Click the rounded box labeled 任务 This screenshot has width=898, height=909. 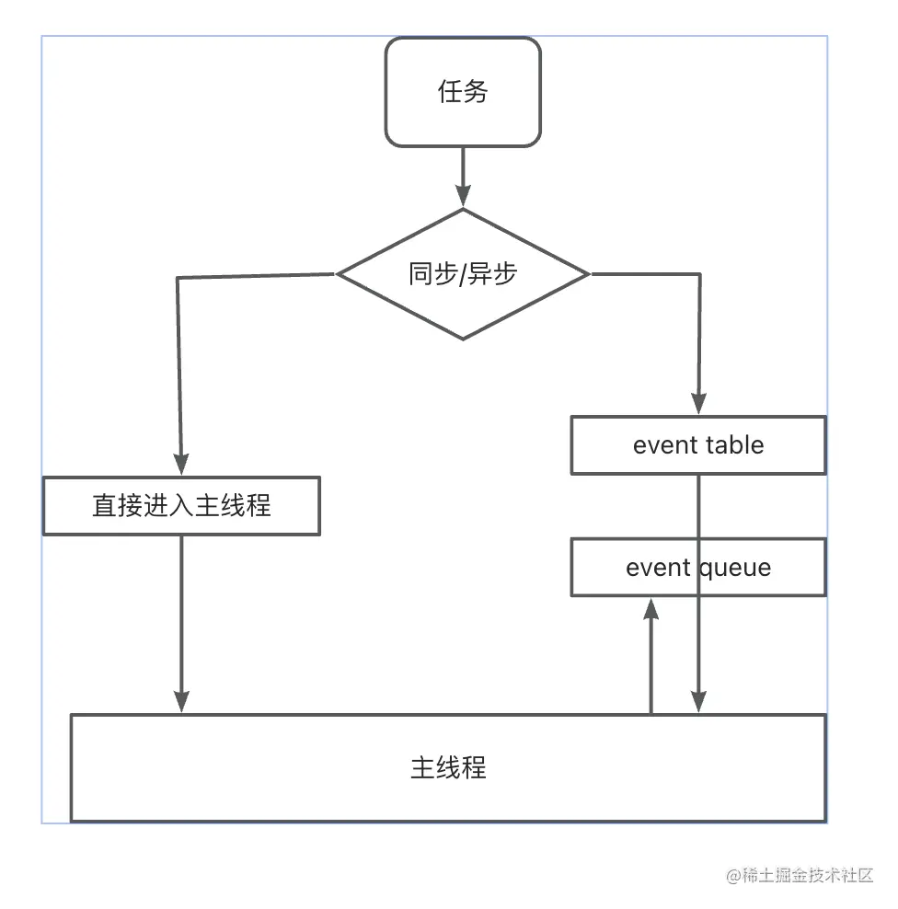[462, 92]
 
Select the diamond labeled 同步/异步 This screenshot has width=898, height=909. [462, 274]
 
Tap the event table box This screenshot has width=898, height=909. [698, 445]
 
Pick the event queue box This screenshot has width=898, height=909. [698, 567]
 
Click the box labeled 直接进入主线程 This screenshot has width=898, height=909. [181, 505]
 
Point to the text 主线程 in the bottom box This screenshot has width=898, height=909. [448, 767]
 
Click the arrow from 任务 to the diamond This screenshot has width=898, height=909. [462, 175]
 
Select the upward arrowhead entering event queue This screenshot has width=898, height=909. [651, 609]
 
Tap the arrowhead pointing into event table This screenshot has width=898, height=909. [698, 404]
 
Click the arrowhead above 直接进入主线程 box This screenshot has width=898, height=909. [180, 463]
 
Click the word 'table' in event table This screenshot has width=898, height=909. [733, 445]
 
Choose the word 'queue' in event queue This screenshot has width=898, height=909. [734, 567]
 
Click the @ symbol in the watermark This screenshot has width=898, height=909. [733, 876]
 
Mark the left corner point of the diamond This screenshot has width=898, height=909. [339, 273]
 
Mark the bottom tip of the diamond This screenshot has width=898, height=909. [462, 339]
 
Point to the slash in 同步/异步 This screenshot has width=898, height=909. [463, 274]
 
